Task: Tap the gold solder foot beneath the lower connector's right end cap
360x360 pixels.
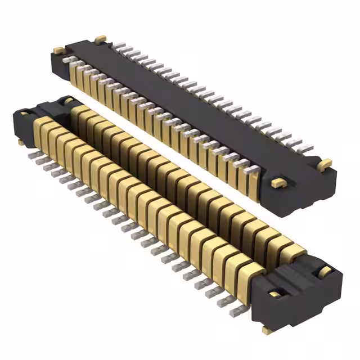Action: pos(264,330)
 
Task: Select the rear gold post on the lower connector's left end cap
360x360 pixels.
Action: pos(67,101)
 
